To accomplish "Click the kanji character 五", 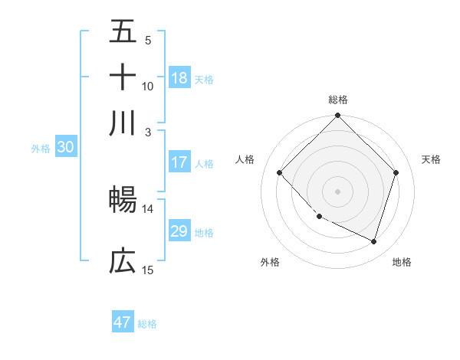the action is [123, 31].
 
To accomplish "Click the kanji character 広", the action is [123, 261].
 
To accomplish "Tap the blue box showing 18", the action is [179, 78].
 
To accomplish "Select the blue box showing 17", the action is [179, 162].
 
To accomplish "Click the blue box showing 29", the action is [179, 231].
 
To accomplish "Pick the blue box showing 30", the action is [65, 148].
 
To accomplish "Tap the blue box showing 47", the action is [123, 322].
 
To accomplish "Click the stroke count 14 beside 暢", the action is [147, 208].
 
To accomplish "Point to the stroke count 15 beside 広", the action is [147, 270].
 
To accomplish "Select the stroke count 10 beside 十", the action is [147, 86].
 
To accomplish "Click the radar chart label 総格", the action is [338, 100].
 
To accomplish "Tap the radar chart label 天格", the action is [432, 159].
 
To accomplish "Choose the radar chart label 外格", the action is [270, 263].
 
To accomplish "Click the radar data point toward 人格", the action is [280, 173].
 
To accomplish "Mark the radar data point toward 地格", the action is [373, 241].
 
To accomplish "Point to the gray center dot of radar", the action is [338, 191].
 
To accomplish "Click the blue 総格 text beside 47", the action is [147, 324].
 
